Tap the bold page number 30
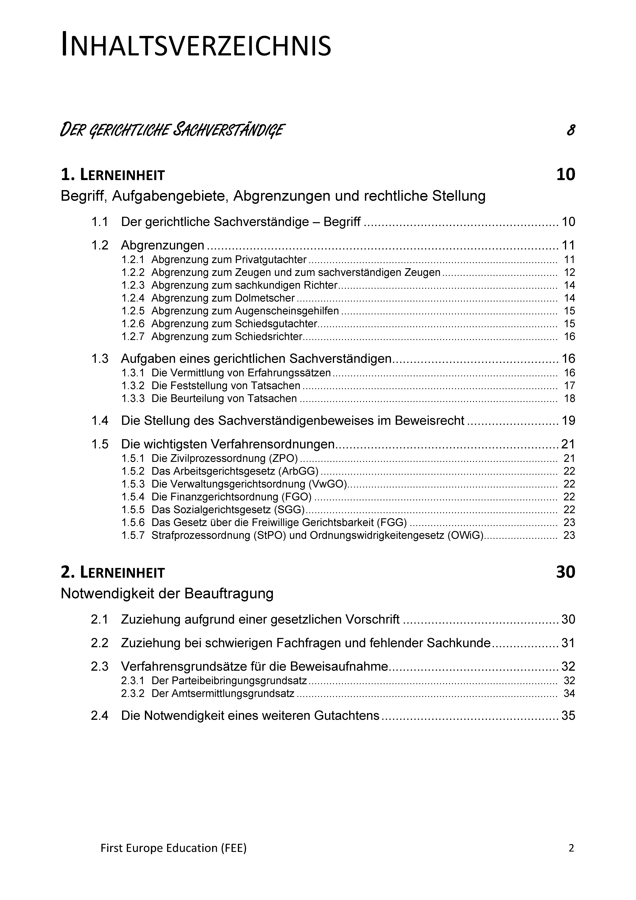pos(565,572)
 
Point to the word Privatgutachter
pos(271,259)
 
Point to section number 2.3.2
pos(133,693)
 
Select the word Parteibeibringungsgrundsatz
pos(229,681)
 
